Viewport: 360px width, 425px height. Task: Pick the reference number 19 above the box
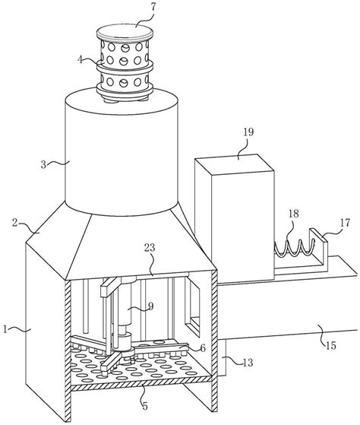tap(248, 132)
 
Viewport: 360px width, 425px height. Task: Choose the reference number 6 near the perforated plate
tap(202, 347)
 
